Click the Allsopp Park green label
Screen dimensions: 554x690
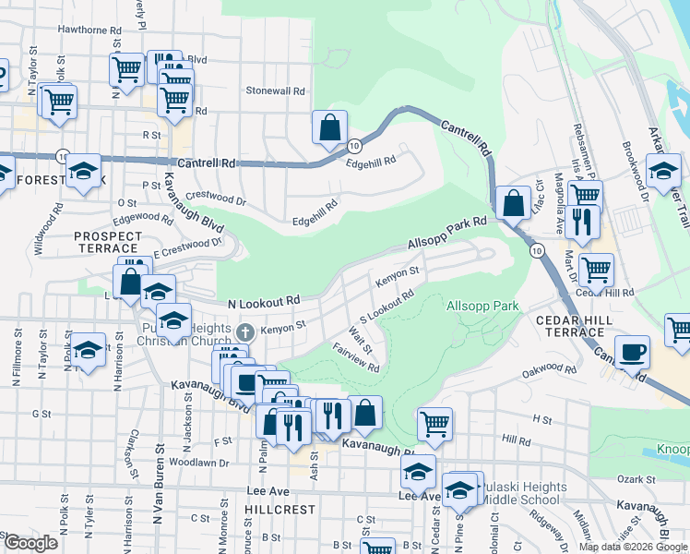coord(482,306)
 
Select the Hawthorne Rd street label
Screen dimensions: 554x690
coord(90,30)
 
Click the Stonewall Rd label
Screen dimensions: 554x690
coord(275,91)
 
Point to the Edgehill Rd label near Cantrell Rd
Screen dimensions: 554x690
coord(370,160)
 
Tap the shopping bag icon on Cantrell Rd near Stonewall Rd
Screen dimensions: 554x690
coord(329,129)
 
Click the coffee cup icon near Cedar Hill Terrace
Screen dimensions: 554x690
coord(632,353)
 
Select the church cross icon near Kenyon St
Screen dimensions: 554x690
coord(244,331)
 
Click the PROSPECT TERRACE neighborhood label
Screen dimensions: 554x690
coord(109,243)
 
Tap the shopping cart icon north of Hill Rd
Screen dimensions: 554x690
coord(434,425)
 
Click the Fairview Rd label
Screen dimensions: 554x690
coord(356,360)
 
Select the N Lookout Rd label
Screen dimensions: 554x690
coord(265,301)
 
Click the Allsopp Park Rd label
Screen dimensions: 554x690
coord(446,235)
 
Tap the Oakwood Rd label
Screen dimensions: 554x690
coord(548,371)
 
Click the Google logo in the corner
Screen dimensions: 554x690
coord(30,543)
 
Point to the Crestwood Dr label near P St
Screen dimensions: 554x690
coord(217,198)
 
